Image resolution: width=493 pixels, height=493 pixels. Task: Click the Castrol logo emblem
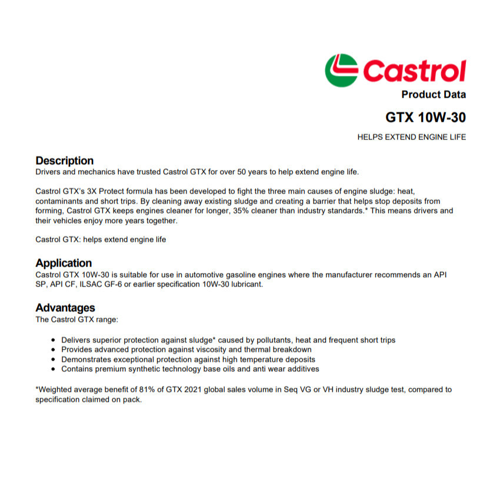point(341,70)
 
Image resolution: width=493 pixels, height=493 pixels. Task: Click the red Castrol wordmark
point(414,71)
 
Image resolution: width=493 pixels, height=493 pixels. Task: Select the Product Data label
point(433,95)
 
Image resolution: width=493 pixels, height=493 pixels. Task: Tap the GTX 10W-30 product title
point(425,118)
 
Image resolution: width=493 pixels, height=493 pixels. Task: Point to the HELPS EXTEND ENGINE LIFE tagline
point(411,137)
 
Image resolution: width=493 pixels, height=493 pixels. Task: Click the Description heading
point(64,161)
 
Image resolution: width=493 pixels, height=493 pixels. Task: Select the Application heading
point(64,263)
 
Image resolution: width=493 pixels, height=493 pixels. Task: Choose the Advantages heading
point(65,308)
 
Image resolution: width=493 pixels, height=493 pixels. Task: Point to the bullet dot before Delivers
point(54,340)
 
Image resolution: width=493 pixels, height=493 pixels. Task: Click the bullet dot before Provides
point(54,349)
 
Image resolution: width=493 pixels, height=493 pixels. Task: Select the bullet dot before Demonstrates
point(54,359)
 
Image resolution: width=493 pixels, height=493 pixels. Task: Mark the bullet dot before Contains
point(54,369)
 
